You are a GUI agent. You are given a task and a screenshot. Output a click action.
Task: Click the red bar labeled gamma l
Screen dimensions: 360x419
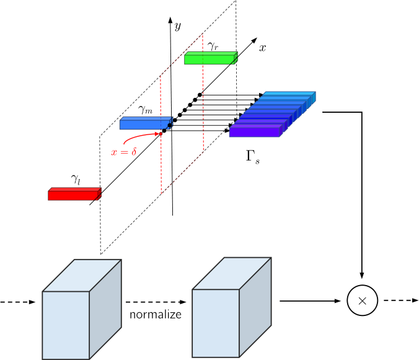[x=74, y=195]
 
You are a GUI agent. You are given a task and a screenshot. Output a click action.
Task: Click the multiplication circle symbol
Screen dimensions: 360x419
[x=363, y=301]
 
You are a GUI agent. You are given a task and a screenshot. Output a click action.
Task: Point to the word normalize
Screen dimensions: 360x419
[x=155, y=315]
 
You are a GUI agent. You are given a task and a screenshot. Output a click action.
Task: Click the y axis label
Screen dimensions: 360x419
[x=177, y=26]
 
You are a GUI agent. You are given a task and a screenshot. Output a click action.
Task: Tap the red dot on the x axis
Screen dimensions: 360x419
[x=161, y=133]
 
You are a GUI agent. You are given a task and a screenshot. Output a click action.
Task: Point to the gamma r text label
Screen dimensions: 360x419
[x=213, y=45]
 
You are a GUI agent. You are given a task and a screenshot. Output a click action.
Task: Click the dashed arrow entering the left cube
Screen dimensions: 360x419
[x=19, y=302]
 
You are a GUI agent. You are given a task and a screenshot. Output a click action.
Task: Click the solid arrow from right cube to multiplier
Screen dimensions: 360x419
[x=310, y=302]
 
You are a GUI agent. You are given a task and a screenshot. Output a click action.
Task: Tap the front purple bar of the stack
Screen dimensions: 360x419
[x=255, y=131]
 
